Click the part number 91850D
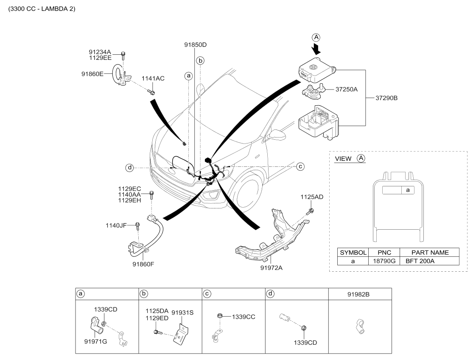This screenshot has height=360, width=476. point(195,44)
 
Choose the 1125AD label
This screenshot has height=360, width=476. point(312,197)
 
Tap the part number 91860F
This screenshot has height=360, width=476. point(143,263)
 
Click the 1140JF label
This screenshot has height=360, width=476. point(116,225)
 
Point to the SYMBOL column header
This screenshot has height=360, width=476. point(353,252)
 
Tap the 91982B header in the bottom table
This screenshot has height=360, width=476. point(360,293)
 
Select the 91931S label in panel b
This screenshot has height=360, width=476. point(182,312)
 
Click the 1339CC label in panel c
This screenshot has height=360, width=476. point(243,316)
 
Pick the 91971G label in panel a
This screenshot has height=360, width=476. point(95,341)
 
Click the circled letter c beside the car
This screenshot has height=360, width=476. point(300,166)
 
